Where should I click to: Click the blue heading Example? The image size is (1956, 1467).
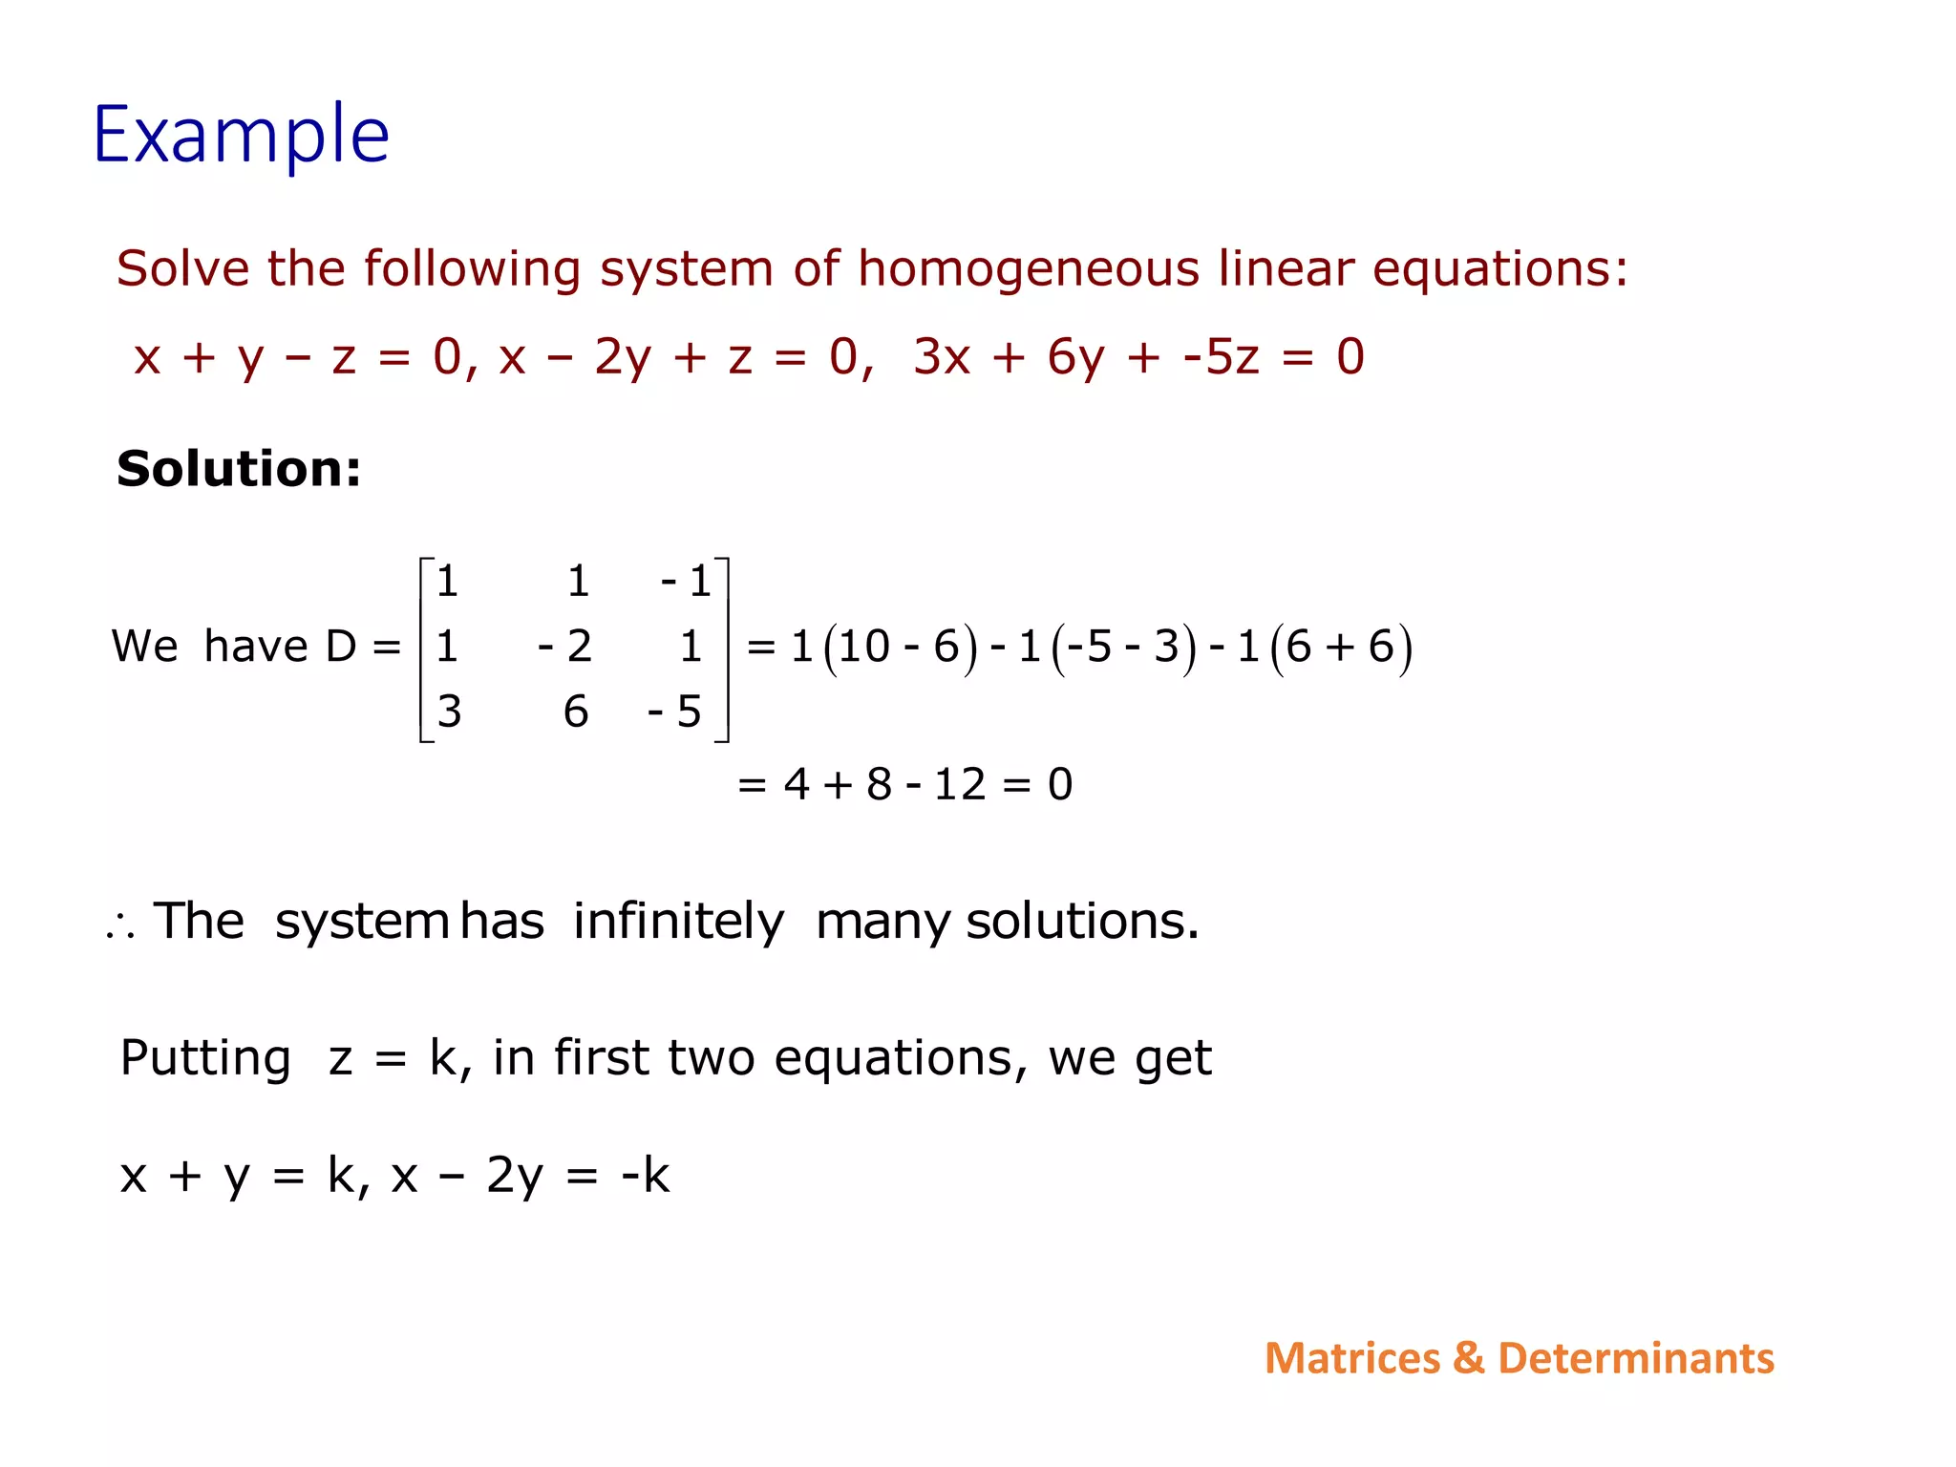241,136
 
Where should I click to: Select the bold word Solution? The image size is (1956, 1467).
239,469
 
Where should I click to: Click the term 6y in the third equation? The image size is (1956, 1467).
1075,357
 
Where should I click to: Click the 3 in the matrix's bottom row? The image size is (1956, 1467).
449,712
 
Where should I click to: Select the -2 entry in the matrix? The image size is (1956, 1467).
564,647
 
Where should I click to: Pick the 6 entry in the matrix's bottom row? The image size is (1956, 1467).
575,712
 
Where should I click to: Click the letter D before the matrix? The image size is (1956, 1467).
341,647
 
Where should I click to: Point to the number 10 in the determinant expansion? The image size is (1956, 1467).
864,647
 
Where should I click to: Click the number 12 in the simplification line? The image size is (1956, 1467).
959,785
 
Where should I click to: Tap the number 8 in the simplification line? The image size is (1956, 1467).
879,785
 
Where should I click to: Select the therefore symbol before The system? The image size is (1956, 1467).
120,925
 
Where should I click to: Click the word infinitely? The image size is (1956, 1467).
678,922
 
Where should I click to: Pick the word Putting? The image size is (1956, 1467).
205,1058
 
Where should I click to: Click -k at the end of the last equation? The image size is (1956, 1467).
645,1175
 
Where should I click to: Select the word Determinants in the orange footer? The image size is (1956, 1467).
1635,1358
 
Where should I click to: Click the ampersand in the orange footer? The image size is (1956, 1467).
1468,1358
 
